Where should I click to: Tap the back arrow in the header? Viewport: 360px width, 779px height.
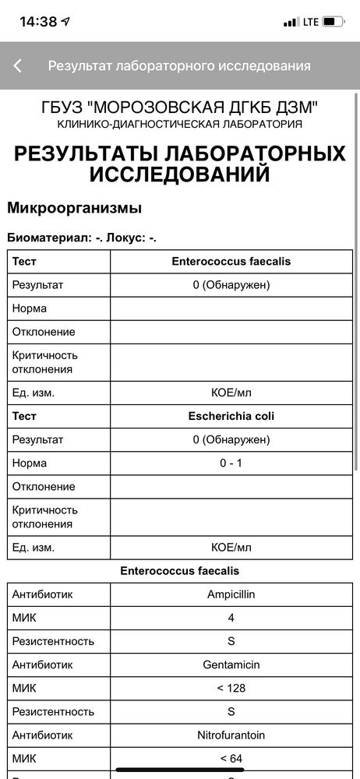(x=18, y=66)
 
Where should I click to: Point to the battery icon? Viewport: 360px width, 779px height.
(x=334, y=22)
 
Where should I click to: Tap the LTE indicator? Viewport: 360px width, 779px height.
(x=311, y=22)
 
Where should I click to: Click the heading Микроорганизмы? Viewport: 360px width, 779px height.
(x=74, y=208)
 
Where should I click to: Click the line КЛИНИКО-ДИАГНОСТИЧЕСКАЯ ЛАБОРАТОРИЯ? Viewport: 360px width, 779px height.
(x=180, y=124)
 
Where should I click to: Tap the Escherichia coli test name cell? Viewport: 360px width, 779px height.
(x=231, y=416)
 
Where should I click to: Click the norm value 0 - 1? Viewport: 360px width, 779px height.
(x=231, y=463)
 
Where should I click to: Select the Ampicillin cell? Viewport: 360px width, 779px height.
(x=231, y=594)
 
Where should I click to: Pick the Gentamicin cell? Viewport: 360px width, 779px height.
(x=231, y=664)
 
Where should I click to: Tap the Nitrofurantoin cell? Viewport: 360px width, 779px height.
(x=231, y=735)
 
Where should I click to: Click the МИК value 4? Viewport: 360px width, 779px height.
(x=231, y=618)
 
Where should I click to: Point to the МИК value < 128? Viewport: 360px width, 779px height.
(x=231, y=688)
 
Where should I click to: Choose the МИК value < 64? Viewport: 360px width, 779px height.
(x=231, y=758)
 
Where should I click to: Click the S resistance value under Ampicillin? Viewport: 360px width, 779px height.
(x=231, y=641)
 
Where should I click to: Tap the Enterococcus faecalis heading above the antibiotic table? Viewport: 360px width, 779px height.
(x=180, y=571)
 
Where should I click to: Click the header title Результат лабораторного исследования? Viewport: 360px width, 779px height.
(x=179, y=66)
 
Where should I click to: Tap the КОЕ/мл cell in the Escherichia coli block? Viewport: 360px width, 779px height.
(x=231, y=548)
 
